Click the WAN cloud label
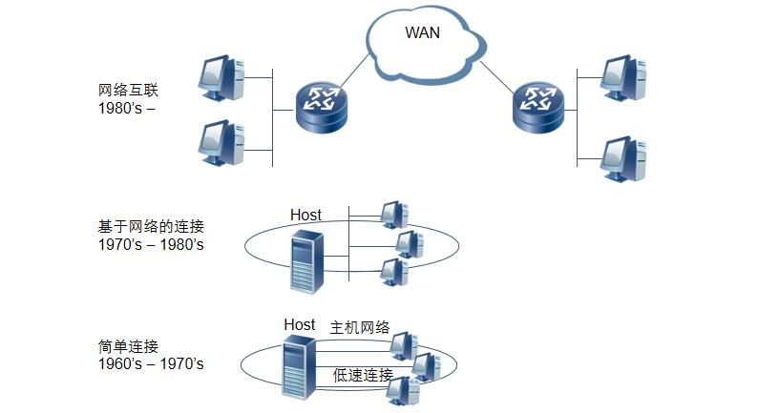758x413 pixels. click(x=423, y=32)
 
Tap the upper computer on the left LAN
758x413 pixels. click(x=221, y=79)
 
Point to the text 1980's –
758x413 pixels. click(x=126, y=109)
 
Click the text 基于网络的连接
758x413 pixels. click(x=151, y=227)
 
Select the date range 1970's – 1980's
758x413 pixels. click(x=151, y=245)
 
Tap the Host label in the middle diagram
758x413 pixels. click(x=305, y=216)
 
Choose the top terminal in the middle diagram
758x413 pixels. click(x=392, y=215)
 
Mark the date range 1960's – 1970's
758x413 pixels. click(x=151, y=364)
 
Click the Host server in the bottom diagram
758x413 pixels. click(x=299, y=367)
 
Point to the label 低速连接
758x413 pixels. click(x=363, y=375)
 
